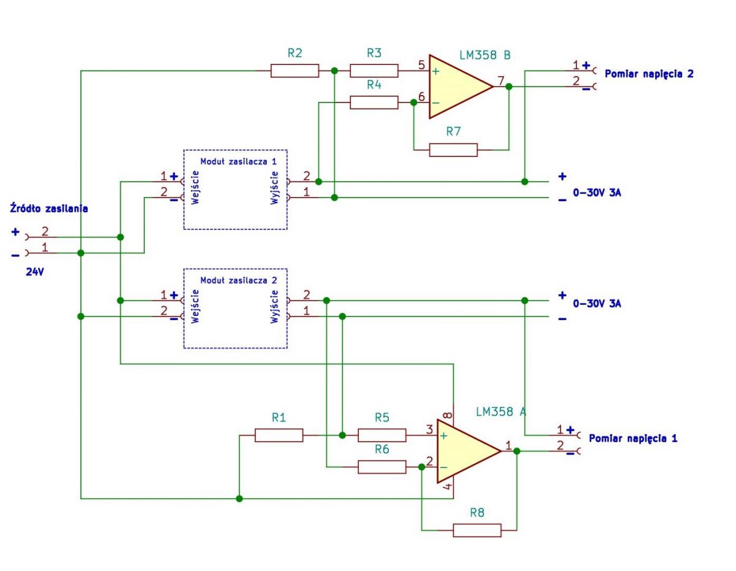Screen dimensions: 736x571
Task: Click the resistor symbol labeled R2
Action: [294, 71]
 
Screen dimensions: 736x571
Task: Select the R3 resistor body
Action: [374, 71]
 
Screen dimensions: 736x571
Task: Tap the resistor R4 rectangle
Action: [374, 102]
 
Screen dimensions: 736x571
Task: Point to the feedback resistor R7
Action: [453, 150]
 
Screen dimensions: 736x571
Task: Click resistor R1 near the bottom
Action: [278, 435]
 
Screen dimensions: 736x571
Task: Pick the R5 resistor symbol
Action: [381, 435]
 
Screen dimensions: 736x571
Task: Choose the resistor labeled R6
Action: [381, 467]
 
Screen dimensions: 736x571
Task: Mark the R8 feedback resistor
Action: [477, 530]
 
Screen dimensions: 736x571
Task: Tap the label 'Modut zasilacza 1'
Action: [239, 161]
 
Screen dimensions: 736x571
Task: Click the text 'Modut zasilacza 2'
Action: [239, 280]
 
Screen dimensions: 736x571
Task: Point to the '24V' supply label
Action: [35, 272]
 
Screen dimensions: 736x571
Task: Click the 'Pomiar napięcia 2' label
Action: [649, 74]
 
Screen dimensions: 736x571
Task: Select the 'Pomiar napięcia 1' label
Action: [633, 439]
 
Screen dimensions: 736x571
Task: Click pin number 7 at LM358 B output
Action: [501, 80]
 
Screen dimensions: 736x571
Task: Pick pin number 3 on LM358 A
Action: [429, 429]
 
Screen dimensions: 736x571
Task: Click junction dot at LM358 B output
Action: [508, 86]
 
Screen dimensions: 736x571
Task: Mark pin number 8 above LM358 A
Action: [447, 415]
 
